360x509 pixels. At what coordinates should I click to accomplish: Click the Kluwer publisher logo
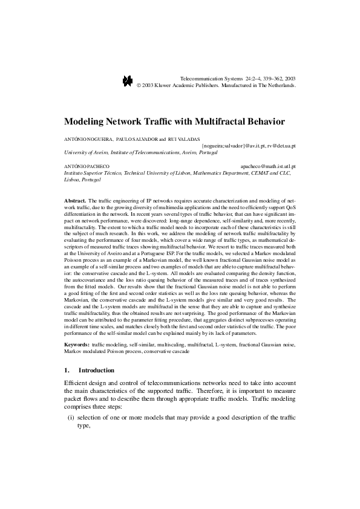[127, 82]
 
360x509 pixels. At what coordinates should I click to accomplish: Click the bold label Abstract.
[75, 200]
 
